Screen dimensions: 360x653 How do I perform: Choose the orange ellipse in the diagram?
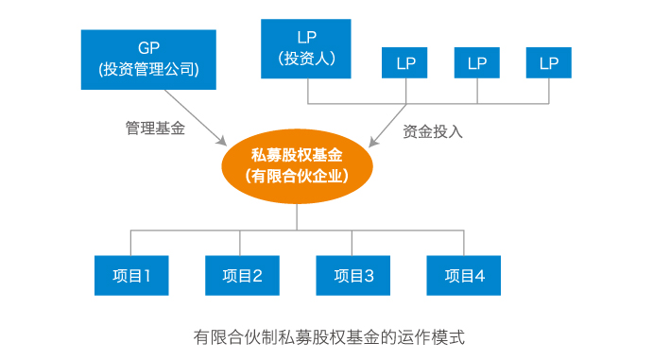(x=297, y=165)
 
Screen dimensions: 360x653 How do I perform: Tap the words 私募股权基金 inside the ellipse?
(x=297, y=155)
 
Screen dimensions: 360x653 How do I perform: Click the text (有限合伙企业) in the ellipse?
(x=297, y=176)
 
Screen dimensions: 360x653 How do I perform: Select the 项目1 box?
(x=130, y=276)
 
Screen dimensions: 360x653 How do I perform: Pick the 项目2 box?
(x=242, y=276)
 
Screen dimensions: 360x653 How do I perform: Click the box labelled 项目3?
(x=353, y=276)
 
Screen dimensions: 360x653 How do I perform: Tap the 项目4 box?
(x=464, y=276)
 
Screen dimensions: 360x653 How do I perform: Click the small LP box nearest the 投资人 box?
(x=405, y=63)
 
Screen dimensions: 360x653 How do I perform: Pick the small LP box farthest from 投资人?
(x=549, y=63)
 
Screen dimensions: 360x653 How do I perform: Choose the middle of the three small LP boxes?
(x=477, y=63)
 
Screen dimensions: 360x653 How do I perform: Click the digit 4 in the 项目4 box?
(x=480, y=276)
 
